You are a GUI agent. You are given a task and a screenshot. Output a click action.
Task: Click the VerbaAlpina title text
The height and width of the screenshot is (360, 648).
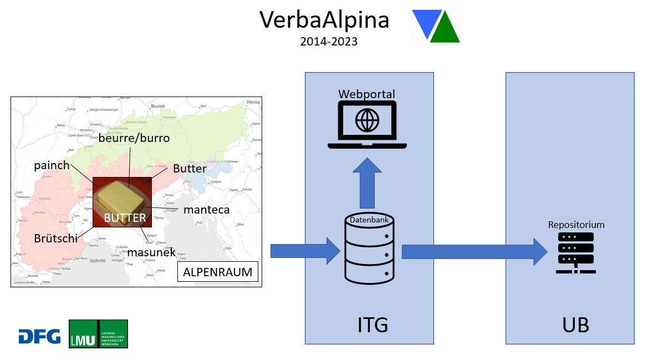pyautogui.click(x=324, y=20)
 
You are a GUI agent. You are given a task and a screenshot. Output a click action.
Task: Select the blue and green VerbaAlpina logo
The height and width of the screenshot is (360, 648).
pyautogui.click(x=437, y=26)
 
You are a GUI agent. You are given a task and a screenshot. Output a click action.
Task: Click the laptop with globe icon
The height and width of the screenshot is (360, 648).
pyautogui.click(x=367, y=125)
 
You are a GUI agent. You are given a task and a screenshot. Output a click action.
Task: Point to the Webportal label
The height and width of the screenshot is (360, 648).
pyautogui.click(x=366, y=93)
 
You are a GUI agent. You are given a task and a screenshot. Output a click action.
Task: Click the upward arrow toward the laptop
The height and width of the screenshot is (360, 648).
pyautogui.click(x=367, y=181)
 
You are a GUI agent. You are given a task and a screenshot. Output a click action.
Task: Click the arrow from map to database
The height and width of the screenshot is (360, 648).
pyautogui.click(x=304, y=251)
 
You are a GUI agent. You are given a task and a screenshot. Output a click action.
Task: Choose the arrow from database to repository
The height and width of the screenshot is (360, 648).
pyautogui.click(x=474, y=251)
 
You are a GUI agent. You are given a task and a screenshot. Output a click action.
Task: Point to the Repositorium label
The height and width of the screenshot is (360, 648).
pyautogui.click(x=576, y=225)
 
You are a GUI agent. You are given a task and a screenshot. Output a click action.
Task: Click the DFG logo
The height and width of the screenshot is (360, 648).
pyautogui.click(x=39, y=336)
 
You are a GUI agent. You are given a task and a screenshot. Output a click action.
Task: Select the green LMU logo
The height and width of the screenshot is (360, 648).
pyautogui.click(x=98, y=334)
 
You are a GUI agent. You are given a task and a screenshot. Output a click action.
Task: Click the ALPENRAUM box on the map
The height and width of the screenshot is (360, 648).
pyautogui.click(x=217, y=272)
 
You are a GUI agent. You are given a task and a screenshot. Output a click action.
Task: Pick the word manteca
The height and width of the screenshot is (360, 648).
pyautogui.click(x=206, y=210)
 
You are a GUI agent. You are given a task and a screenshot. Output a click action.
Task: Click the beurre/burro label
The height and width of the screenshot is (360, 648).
pyautogui.click(x=134, y=138)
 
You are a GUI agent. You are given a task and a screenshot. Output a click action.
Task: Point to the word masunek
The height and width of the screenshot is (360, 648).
pyautogui.click(x=151, y=252)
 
